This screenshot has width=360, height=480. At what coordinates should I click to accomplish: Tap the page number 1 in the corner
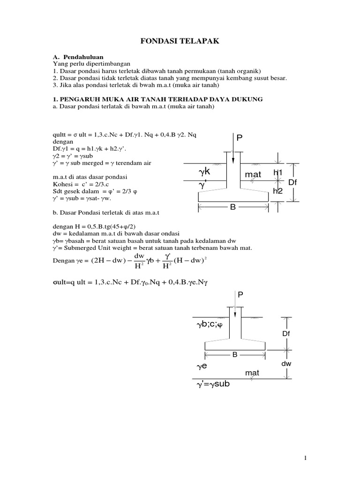(306, 458)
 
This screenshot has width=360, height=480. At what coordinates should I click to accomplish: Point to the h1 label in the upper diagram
(278, 173)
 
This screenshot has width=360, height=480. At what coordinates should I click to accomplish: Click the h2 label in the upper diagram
(278, 191)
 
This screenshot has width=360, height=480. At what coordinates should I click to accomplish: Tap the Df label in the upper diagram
(293, 182)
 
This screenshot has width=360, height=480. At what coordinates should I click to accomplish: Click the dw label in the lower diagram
(286, 364)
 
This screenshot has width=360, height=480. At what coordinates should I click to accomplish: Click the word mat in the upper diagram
(253, 175)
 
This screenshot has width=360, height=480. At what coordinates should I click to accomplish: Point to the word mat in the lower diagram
(252, 373)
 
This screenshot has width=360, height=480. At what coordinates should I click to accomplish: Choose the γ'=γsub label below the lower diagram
(213, 385)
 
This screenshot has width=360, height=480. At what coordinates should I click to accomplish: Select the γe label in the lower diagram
(202, 366)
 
